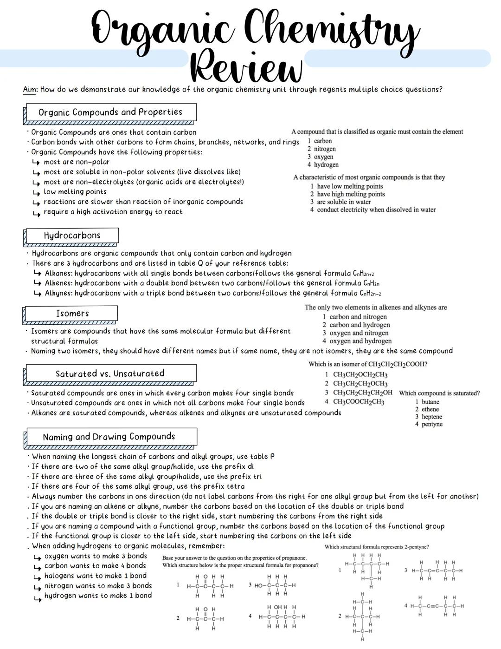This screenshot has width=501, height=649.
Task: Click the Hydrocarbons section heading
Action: [x=72, y=236]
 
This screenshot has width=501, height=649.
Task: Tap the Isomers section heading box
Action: [x=72, y=314]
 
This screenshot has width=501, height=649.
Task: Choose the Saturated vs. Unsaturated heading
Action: [x=110, y=374]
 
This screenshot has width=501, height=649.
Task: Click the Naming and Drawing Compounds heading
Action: [x=109, y=437]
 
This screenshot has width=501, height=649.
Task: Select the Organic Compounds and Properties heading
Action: [x=110, y=112]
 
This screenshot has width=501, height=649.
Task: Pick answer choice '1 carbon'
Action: [x=320, y=141]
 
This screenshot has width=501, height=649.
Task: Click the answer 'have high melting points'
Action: [x=351, y=194]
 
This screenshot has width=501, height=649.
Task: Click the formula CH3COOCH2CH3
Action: [x=359, y=402]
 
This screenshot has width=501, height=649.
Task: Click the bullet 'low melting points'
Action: [x=75, y=192]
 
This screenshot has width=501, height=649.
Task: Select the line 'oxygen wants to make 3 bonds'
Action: [x=96, y=556]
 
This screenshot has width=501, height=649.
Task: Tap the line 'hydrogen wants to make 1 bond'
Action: [x=98, y=596]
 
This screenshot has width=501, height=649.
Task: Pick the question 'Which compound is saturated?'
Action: [x=439, y=393]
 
